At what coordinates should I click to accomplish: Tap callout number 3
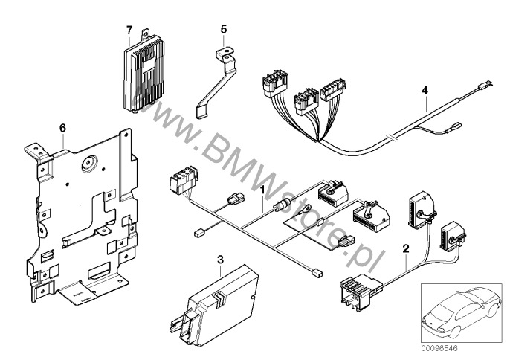tap(219, 259)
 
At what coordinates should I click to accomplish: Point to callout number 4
tap(425, 91)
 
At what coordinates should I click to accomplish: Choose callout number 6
tap(63, 129)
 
